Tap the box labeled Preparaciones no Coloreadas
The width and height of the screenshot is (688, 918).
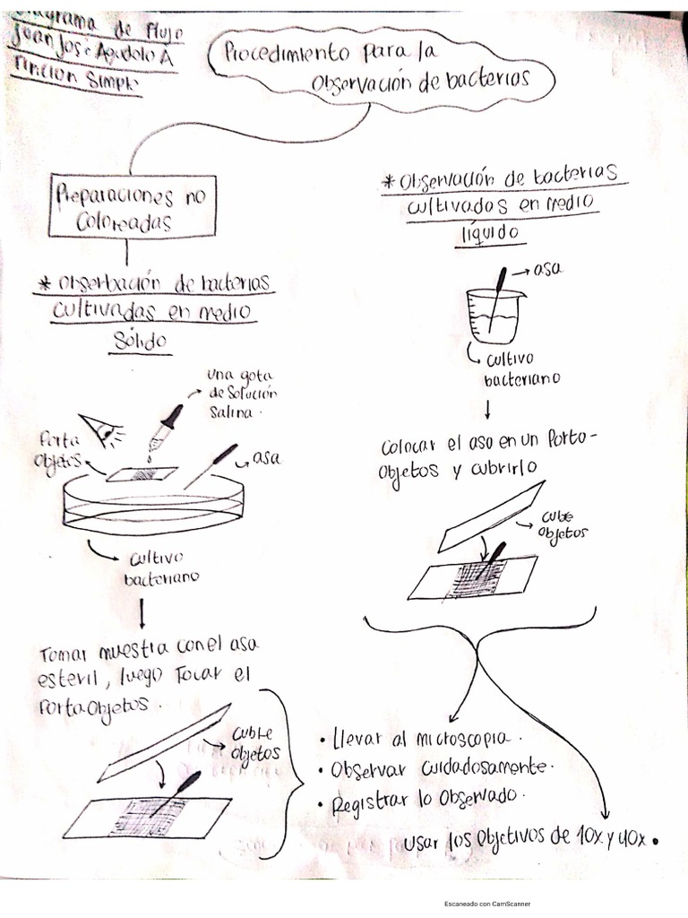pos(133,206)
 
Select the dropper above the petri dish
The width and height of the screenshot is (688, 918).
pos(167,429)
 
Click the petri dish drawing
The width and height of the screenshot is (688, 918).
pos(152,502)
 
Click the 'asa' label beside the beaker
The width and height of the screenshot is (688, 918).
pos(547,269)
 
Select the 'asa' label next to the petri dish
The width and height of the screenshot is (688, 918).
pos(266,457)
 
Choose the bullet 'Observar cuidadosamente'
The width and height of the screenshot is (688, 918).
pos(439,768)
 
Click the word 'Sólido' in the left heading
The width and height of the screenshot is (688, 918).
pos(141,341)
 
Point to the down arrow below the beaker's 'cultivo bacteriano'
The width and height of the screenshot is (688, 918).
pos(486,411)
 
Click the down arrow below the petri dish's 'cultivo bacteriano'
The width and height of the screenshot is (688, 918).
pos(142,614)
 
